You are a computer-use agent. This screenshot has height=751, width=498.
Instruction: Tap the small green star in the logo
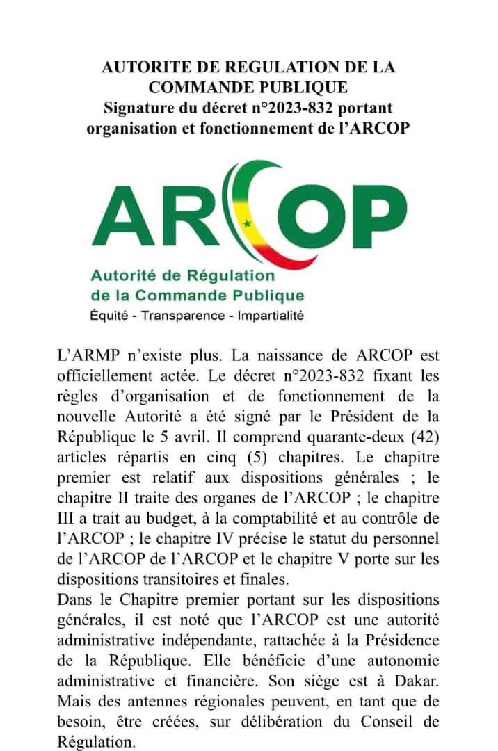pos(247,223)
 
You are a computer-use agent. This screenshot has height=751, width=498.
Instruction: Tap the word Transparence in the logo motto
pos(184,315)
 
